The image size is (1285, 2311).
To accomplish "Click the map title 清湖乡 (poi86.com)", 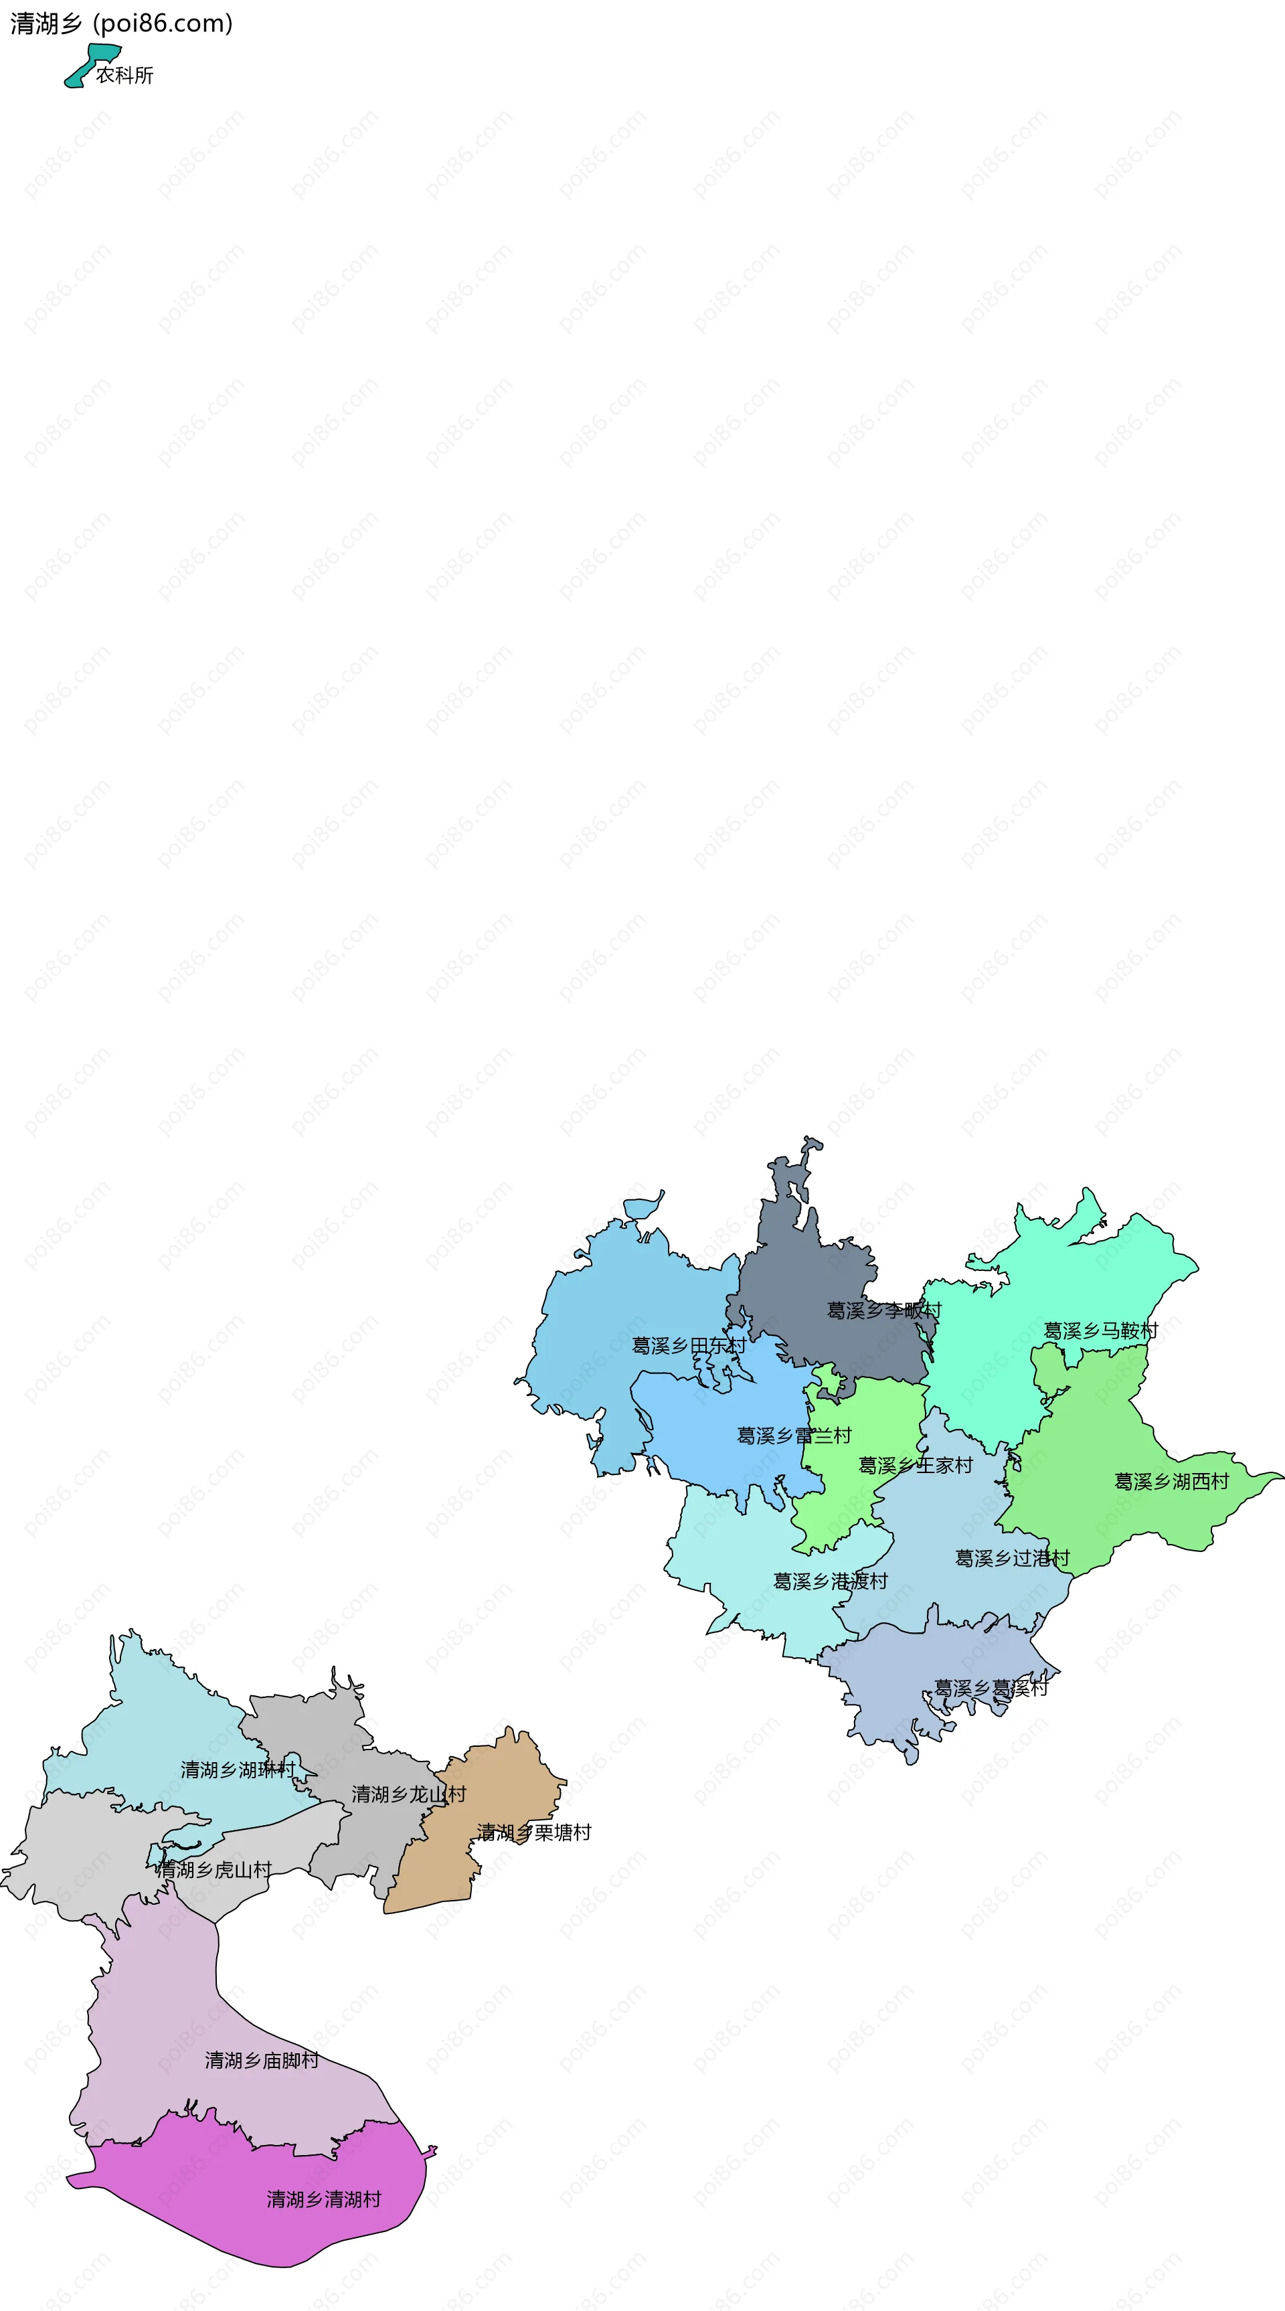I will [x=121, y=23].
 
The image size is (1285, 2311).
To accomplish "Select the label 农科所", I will [x=124, y=76].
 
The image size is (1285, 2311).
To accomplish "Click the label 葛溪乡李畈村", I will [x=884, y=1310].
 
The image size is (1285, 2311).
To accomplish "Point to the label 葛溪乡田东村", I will [x=688, y=1346].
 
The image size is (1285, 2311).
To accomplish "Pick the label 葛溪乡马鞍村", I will [x=1100, y=1331].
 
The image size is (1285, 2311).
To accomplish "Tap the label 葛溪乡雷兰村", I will [x=793, y=1436].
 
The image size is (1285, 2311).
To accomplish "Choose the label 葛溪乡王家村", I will [x=916, y=1466].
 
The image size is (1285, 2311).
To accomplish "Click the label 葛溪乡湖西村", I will [x=1171, y=1482].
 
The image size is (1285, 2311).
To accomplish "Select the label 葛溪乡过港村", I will [x=1012, y=1558].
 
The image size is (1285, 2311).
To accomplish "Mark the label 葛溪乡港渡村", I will [x=830, y=1581].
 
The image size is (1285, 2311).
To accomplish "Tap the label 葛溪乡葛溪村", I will [x=991, y=1689].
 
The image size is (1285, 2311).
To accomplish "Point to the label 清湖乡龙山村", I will [x=408, y=1794].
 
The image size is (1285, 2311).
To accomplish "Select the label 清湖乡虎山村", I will [x=213, y=1869].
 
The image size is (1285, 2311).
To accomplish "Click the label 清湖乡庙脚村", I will [x=261, y=2061].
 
